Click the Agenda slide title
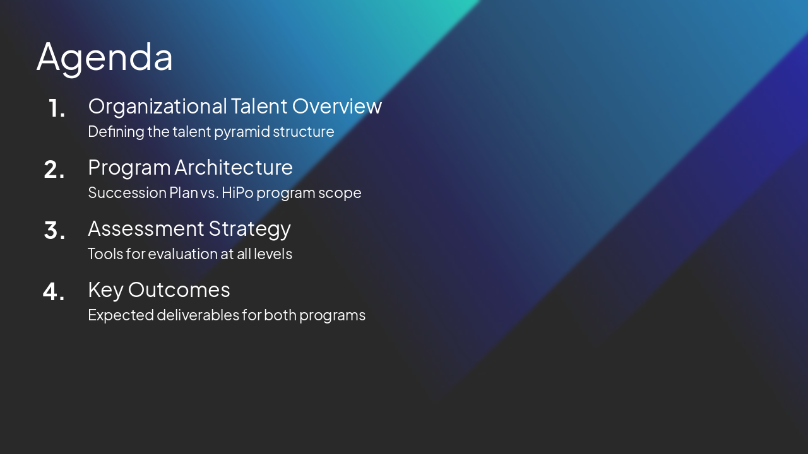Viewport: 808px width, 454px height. tap(105, 57)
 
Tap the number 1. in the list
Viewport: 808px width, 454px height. tap(57, 108)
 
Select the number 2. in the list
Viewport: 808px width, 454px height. tap(54, 170)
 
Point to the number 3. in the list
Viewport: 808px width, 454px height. tap(54, 231)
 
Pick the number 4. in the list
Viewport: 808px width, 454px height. tap(54, 292)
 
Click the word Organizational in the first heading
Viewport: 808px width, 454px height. tap(157, 107)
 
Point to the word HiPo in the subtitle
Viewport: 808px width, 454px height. tap(236, 193)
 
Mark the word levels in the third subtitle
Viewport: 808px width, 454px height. tap(275, 254)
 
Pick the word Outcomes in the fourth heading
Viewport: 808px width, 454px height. tap(179, 290)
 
